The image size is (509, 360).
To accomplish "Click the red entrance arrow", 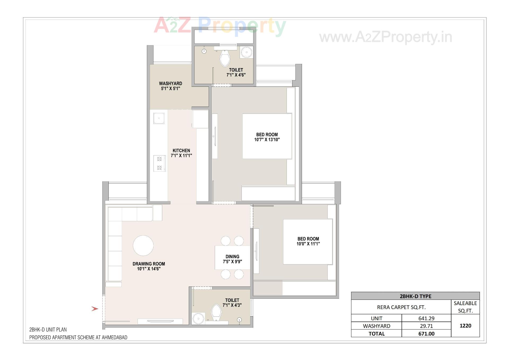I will click(x=95, y=309).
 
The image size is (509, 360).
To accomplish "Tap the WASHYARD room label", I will click(x=170, y=84).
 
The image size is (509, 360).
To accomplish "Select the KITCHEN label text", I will click(x=181, y=150).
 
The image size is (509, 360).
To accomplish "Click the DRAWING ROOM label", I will click(x=149, y=264).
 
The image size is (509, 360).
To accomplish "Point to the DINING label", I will click(x=232, y=257).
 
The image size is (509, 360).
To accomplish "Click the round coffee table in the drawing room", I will click(x=143, y=245).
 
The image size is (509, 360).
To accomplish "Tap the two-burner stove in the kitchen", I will click(x=159, y=163).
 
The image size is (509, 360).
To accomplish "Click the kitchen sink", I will click(x=159, y=118).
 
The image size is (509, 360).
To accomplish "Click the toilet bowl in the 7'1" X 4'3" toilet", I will click(x=216, y=312).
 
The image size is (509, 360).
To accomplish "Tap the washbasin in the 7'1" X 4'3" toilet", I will click(x=198, y=319).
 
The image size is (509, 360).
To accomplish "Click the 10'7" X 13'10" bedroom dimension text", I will click(x=267, y=140).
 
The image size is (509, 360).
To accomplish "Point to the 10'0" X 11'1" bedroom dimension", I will click(x=308, y=244).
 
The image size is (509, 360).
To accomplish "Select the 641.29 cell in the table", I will click(x=426, y=318).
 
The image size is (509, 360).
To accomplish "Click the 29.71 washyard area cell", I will click(x=426, y=326).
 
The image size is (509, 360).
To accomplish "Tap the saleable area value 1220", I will click(x=465, y=326).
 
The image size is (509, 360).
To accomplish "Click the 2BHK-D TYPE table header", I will click(x=415, y=296).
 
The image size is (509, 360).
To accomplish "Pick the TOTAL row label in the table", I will click(x=376, y=334).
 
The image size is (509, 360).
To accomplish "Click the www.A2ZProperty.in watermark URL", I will click(x=385, y=37).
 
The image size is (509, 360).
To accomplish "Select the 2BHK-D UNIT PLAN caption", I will click(x=48, y=330).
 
